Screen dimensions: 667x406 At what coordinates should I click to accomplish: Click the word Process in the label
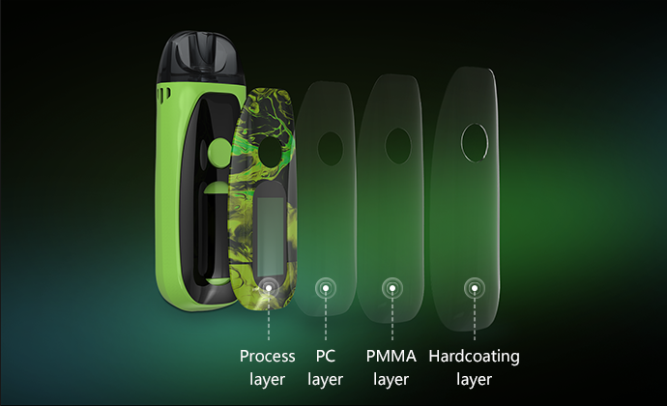pos(267,356)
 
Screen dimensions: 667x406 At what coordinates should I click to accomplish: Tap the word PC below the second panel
pos(326,356)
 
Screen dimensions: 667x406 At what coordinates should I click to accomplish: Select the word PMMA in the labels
pos(391,356)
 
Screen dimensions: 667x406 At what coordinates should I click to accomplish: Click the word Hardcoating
pos(474,357)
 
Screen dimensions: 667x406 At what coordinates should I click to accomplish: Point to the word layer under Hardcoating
pos(474,379)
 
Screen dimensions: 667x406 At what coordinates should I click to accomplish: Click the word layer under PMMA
pos(391,379)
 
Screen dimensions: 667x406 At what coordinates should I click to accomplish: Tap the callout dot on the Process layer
pos(269,288)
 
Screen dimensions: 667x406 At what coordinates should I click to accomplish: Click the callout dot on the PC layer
pos(326,288)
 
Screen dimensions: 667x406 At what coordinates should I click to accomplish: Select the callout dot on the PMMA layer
pos(392,288)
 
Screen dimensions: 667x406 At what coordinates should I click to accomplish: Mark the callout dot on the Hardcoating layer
pos(475,288)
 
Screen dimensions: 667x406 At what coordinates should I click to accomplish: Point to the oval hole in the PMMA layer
pos(398,146)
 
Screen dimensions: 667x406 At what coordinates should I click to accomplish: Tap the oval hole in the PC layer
pos(330,149)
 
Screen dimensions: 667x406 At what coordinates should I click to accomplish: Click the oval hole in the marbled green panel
pos(271,152)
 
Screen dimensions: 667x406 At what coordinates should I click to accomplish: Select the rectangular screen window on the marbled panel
pos(271,236)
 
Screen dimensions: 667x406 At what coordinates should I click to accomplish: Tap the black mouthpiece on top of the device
pos(201,57)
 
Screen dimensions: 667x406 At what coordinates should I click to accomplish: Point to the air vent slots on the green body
pos(164,93)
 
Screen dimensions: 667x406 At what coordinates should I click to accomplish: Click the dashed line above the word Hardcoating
pos(475,316)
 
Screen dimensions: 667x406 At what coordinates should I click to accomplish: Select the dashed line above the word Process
pos(269,316)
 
